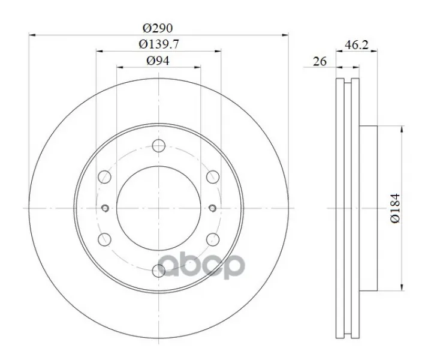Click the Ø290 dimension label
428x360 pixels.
158,28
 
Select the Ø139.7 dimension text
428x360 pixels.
159,44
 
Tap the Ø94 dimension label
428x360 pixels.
158,61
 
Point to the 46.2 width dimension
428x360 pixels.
357,45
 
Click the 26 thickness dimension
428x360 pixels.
320,61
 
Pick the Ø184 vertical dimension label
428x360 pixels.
395,208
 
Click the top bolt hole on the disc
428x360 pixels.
159,145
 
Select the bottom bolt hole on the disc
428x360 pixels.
159,271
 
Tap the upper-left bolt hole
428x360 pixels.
104,177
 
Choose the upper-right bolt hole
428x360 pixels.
213,177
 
